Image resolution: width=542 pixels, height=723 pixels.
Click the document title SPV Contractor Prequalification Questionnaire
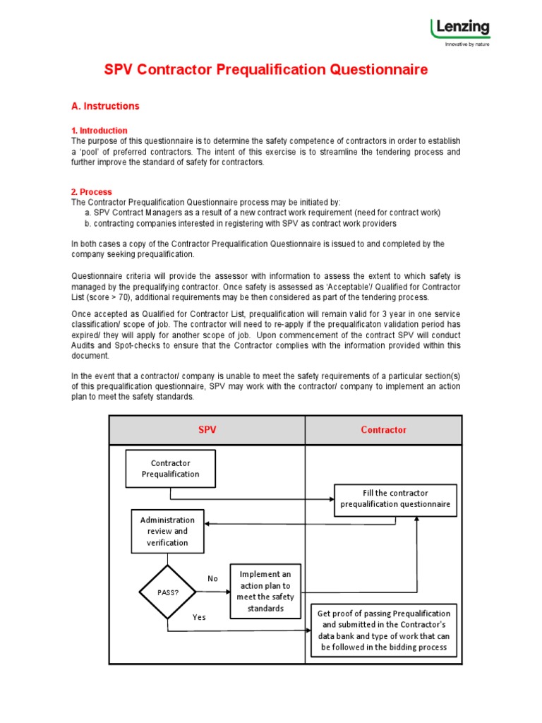[x=266, y=70]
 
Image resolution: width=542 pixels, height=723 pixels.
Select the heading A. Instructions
[x=105, y=106]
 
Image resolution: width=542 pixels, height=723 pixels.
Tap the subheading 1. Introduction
[x=100, y=131]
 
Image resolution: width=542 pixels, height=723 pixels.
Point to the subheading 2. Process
[x=92, y=192]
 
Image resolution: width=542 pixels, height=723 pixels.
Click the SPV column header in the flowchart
[x=207, y=430]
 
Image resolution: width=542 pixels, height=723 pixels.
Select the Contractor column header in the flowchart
[x=383, y=430]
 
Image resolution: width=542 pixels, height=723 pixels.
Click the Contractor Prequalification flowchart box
[x=171, y=469]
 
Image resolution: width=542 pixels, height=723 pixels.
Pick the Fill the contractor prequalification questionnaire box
[x=395, y=499]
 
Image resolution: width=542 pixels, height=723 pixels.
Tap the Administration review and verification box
[x=167, y=531]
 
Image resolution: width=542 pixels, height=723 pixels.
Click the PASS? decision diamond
[x=167, y=592]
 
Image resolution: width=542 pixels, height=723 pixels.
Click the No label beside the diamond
[x=212, y=579]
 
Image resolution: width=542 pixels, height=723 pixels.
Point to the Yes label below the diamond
[x=199, y=617]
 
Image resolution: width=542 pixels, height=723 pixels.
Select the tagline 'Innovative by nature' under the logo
[x=466, y=44]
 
